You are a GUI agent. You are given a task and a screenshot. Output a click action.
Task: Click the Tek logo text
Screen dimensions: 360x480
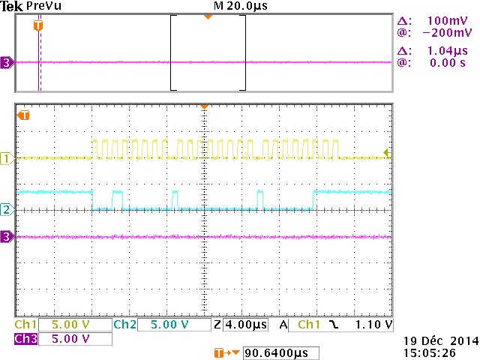point(12,6)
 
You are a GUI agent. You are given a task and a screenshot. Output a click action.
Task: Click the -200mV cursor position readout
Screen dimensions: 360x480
point(447,34)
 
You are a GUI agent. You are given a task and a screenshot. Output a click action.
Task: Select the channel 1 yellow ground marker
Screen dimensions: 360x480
point(7,158)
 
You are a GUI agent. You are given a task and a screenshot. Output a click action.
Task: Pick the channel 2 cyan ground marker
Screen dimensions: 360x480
point(7,210)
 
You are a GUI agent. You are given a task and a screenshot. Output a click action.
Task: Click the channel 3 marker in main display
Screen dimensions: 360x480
point(7,237)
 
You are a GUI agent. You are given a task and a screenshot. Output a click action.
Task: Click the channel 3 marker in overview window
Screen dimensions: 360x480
point(7,63)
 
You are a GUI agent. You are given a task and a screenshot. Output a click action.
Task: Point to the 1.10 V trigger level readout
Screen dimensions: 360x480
point(373,325)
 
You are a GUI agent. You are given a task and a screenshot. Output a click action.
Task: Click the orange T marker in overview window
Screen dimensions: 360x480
point(39,26)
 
